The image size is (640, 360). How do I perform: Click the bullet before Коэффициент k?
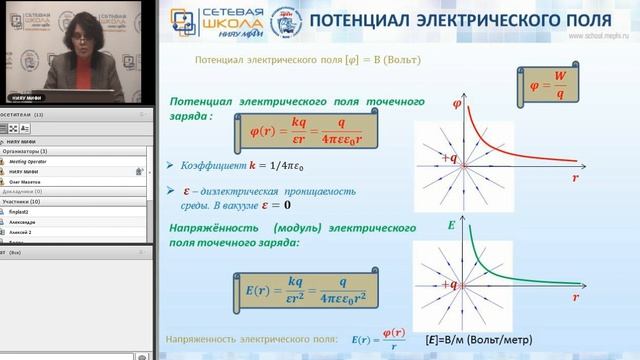[174, 164]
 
